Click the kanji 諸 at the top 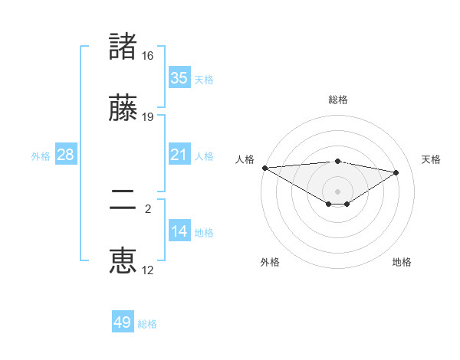coord(123,47)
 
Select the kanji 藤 coord(123,108)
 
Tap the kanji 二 coord(123,201)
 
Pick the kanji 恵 coord(123,261)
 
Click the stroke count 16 coord(148,56)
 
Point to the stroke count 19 coord(148,117)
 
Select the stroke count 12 coord(148,270)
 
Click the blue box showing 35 coord(179,78)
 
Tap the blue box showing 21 coord(179,155)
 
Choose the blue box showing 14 coord(179,231)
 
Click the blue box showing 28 coord(65,155)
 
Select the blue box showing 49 coord(123,322)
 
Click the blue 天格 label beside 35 coord(204,80)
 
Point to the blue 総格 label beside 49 coord(147,324)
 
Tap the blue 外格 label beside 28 coord(41,156)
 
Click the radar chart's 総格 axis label coord(337,100)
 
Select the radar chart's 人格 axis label coord(245,159)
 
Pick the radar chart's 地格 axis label coord(402,262)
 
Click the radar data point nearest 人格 coord(264,168)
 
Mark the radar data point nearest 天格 coord(396,172)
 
